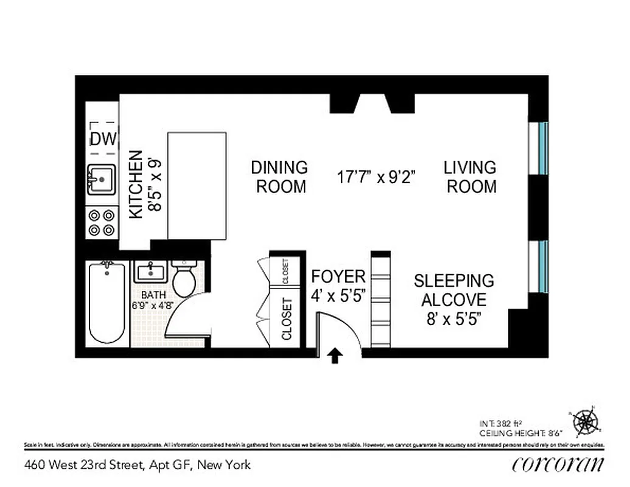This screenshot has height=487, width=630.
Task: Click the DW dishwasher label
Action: click(103, 139)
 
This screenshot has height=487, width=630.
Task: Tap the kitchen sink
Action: click(101, 179)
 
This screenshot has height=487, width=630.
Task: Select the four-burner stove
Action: click(102, 222)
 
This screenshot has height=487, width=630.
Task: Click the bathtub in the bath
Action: click(107, 303)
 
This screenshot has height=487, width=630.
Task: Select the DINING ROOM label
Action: click(279, 177)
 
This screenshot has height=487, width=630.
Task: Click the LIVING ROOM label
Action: click(471, 177)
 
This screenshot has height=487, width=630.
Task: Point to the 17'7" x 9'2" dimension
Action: click(376, 177)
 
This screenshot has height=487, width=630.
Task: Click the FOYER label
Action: click(338, 276)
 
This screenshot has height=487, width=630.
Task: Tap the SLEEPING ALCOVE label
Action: click(453, 290)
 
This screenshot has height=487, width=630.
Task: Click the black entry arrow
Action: click(334, 356)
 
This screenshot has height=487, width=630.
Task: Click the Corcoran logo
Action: click(558, 464)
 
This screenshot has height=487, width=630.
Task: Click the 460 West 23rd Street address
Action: click(138, 465)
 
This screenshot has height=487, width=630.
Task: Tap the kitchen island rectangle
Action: click(197, 186)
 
